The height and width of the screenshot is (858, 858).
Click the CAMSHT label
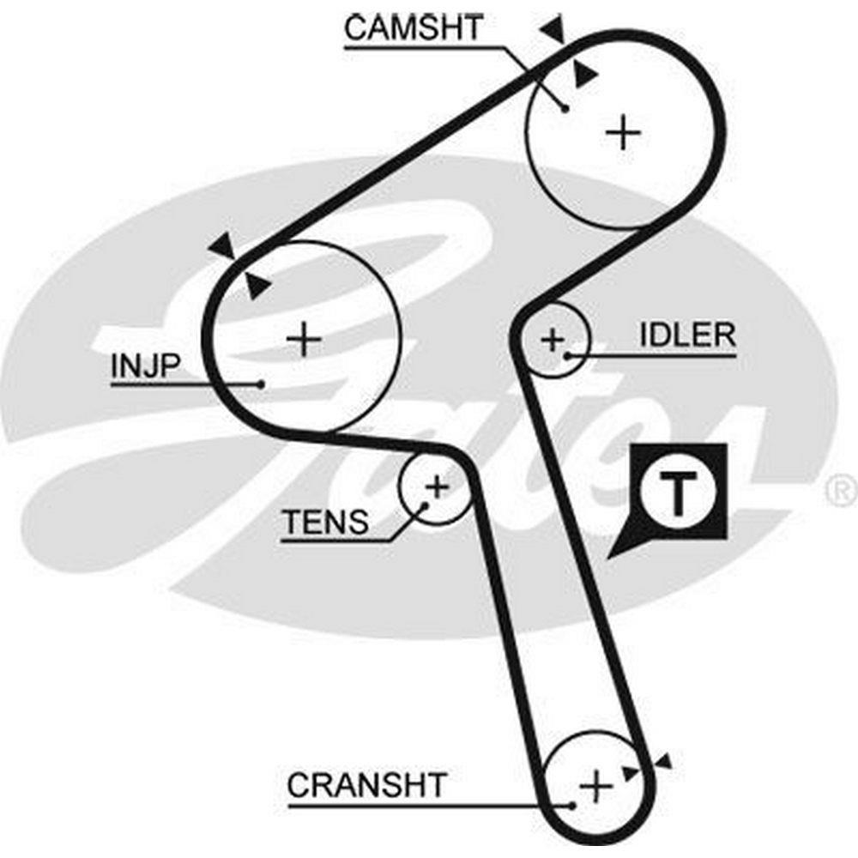414,28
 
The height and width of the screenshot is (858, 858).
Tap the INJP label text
144,366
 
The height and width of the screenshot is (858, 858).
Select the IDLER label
687,335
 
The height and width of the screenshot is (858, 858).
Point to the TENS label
325,521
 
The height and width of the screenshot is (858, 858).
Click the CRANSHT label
366,784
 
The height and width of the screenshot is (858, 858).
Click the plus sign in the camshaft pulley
624,132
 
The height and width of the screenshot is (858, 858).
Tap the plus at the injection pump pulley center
304,339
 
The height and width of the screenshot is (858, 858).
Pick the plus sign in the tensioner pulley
437,487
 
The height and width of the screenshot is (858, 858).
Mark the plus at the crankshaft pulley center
595,784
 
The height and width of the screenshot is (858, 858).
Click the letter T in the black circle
678,492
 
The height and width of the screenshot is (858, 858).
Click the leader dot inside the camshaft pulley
564,107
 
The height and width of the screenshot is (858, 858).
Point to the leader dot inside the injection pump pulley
261,384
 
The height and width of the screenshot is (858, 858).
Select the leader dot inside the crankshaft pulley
571,805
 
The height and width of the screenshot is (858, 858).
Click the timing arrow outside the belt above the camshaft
553,31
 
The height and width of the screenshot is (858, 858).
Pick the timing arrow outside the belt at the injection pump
223,246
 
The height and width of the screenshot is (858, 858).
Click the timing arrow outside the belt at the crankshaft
662,762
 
